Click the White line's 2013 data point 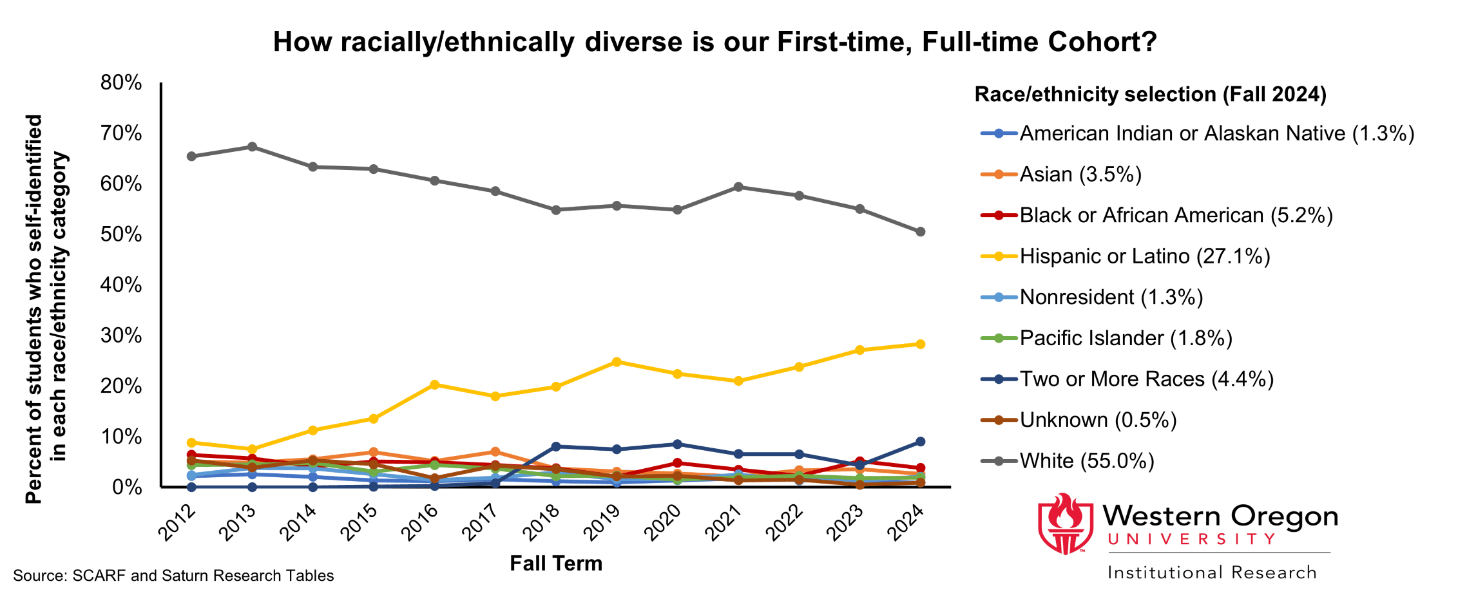(x=252, y=147)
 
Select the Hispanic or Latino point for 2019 (x=617, y=362)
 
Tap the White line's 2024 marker (x=920, y=232)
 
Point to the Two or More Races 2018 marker (x=556, y=446)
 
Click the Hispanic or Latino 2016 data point (x=434, y=384)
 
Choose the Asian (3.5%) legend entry (x=1080, y=175)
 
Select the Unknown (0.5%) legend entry (x=1097, y=420)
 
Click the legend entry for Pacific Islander (x=1125, y=338)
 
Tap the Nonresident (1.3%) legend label (x=1111, y=297)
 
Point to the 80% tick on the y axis (x=121, y=82)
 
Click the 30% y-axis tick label (x=121, y=335)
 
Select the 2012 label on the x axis (x=177, y=522)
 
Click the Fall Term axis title (x=556, y=563)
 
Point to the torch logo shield (x=1065, y=524)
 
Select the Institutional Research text (x=1212, y=573)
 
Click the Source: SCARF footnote (x=173, y=576)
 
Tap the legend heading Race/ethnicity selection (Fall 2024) (x=1150, y=95)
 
